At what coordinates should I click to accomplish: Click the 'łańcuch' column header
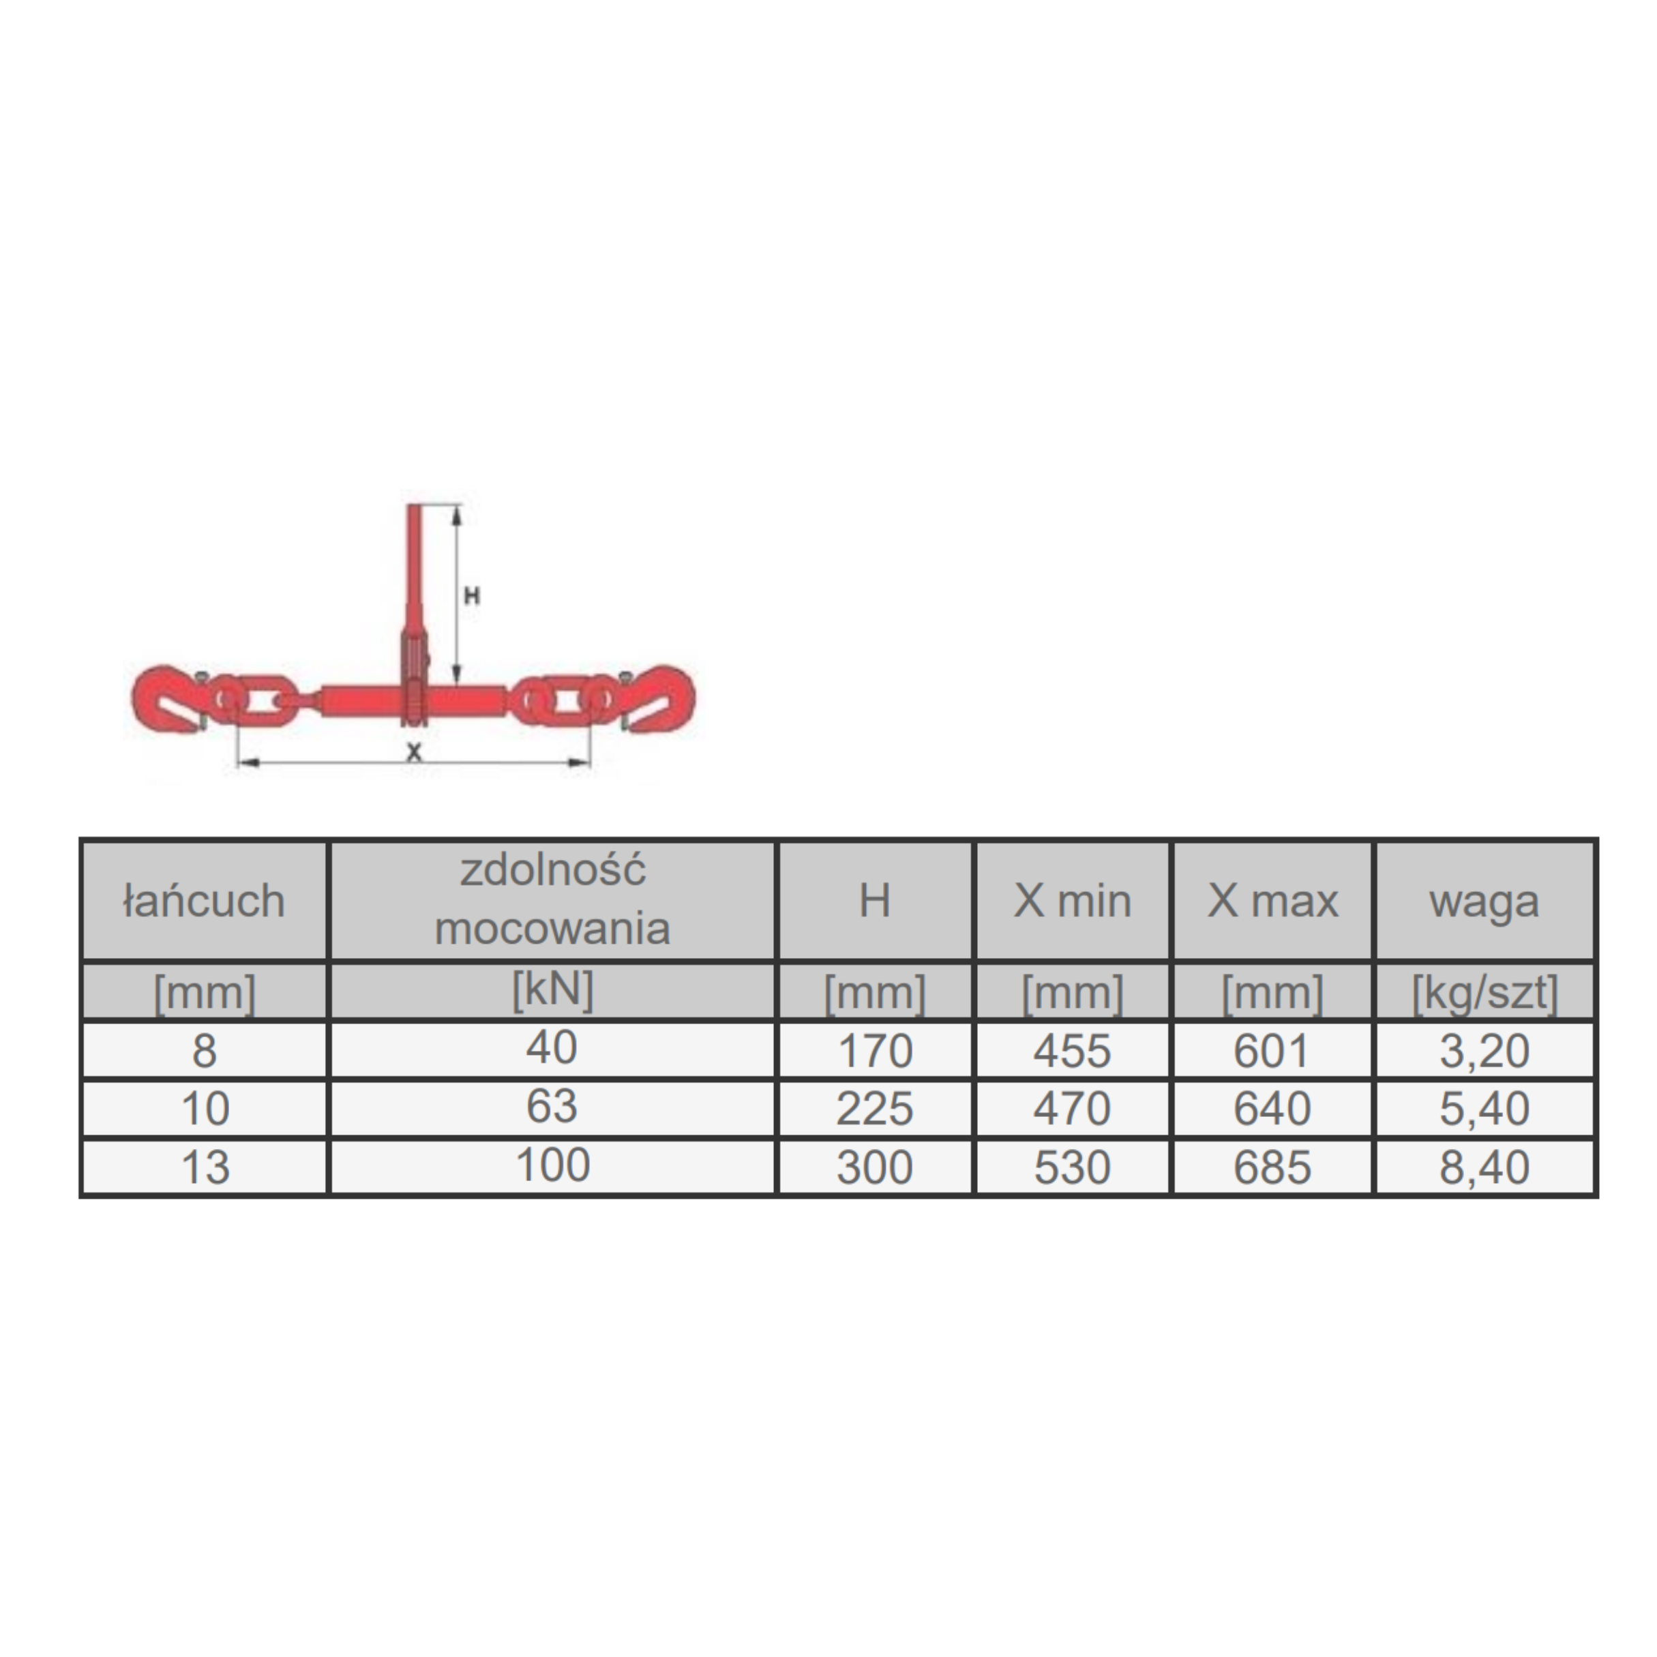pyautogui.click(x=204, y=901)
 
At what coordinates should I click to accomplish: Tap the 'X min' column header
pyautogui.click(x=1072, y=901)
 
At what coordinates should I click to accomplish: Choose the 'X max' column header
pyautogui.click(x=1273, y=901)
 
